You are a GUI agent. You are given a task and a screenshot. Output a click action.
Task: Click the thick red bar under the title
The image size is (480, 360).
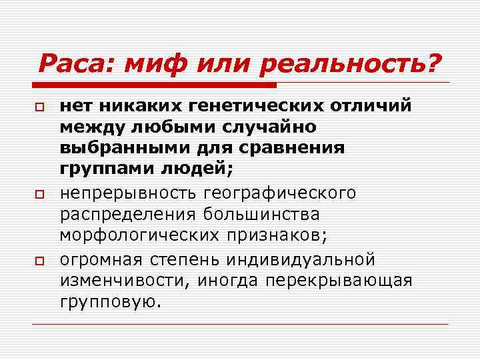[157, 85]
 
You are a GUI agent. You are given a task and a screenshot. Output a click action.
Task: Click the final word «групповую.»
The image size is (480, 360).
[111, 302]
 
